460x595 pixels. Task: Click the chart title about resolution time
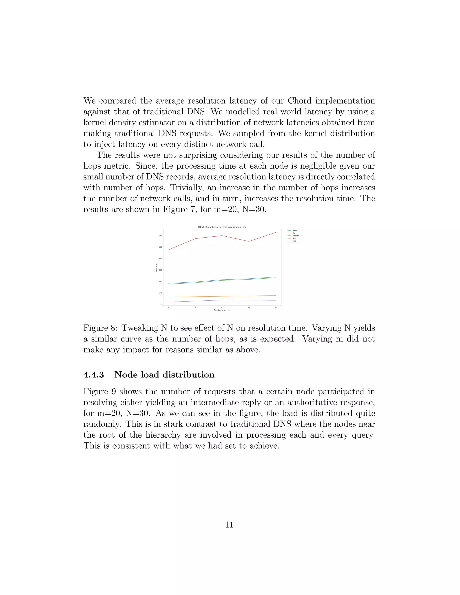(222, 227)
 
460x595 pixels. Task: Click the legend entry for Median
(295, 236)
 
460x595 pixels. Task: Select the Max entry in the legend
(294, 238)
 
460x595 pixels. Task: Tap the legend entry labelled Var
(294, 233)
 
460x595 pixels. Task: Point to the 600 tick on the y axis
(160, 236)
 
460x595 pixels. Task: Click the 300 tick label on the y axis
(160, 270)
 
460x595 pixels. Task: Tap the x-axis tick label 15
(249, 308)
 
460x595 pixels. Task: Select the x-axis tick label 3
(168, 308)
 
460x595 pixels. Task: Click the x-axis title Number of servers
(222, 310)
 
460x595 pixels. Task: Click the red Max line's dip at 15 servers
(249, 241)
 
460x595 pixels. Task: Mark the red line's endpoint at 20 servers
(276, 232)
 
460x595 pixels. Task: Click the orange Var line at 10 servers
(222, 296)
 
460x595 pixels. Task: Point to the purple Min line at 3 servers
(169, 302)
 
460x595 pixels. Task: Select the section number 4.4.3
(93, 375)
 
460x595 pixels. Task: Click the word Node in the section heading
(125, 375)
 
